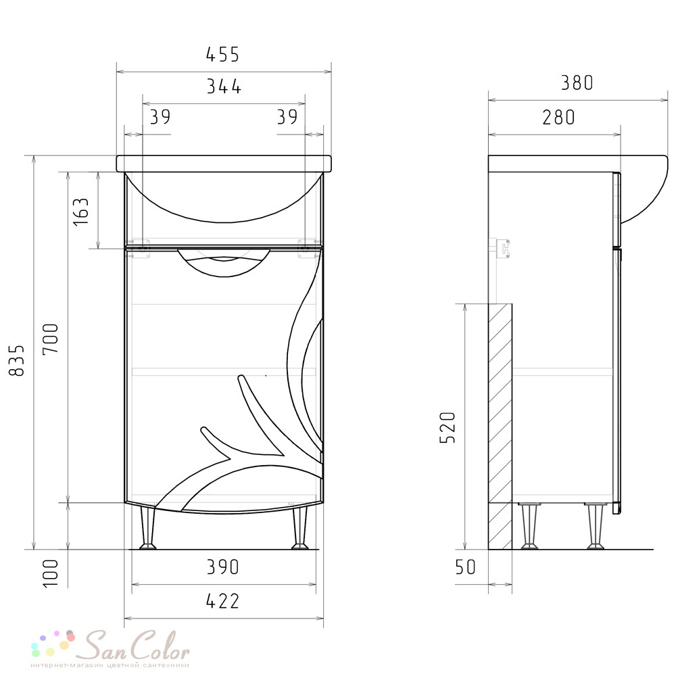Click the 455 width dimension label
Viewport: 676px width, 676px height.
[x=222, y=55]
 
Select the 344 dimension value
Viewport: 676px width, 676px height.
[x=224, y=87]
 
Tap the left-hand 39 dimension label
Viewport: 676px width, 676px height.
[x=160, y=117]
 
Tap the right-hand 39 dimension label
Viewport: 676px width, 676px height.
[x=287, y=117]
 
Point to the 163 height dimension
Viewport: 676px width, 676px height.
[x=81, y=211]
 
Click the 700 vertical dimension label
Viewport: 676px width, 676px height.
[x=51, y=339]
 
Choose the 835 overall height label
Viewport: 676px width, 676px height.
[x=17, y=360]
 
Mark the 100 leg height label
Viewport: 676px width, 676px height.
[x=51, y=573]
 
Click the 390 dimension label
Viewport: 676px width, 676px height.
[x=222, y=567]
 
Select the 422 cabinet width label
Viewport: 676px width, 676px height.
[x=222, y=601]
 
